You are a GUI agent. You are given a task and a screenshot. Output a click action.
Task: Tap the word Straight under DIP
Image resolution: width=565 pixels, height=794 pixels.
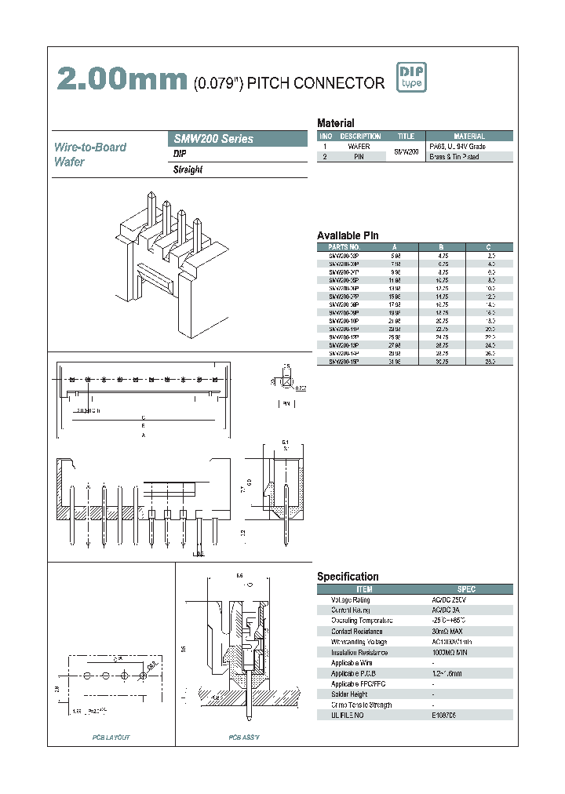click(188, 170)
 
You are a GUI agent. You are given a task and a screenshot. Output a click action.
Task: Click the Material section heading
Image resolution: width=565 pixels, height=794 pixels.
click(335, 123)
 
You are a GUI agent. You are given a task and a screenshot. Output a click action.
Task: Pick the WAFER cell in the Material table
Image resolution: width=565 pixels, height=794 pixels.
click(358, 147)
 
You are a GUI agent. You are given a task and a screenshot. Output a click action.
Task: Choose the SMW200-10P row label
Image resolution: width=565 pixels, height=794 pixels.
click(343, 321)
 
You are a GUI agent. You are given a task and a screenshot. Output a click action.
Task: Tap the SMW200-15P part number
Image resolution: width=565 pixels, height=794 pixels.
click(343, 362)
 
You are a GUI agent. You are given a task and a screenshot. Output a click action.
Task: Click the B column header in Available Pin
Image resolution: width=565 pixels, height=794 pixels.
click(442, 246)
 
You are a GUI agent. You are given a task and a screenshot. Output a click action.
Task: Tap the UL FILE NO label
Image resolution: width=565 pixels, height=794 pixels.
click(348, 716)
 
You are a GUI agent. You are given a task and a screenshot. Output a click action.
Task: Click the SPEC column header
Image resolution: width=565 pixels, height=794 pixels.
click(466, 588)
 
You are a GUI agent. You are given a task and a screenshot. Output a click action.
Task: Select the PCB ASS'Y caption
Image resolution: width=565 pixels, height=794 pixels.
click(244, 738)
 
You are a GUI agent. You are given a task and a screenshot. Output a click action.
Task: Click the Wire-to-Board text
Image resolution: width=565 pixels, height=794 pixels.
click(89, 148)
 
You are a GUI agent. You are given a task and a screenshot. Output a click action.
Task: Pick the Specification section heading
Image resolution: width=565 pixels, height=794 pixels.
click(348, 577)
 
